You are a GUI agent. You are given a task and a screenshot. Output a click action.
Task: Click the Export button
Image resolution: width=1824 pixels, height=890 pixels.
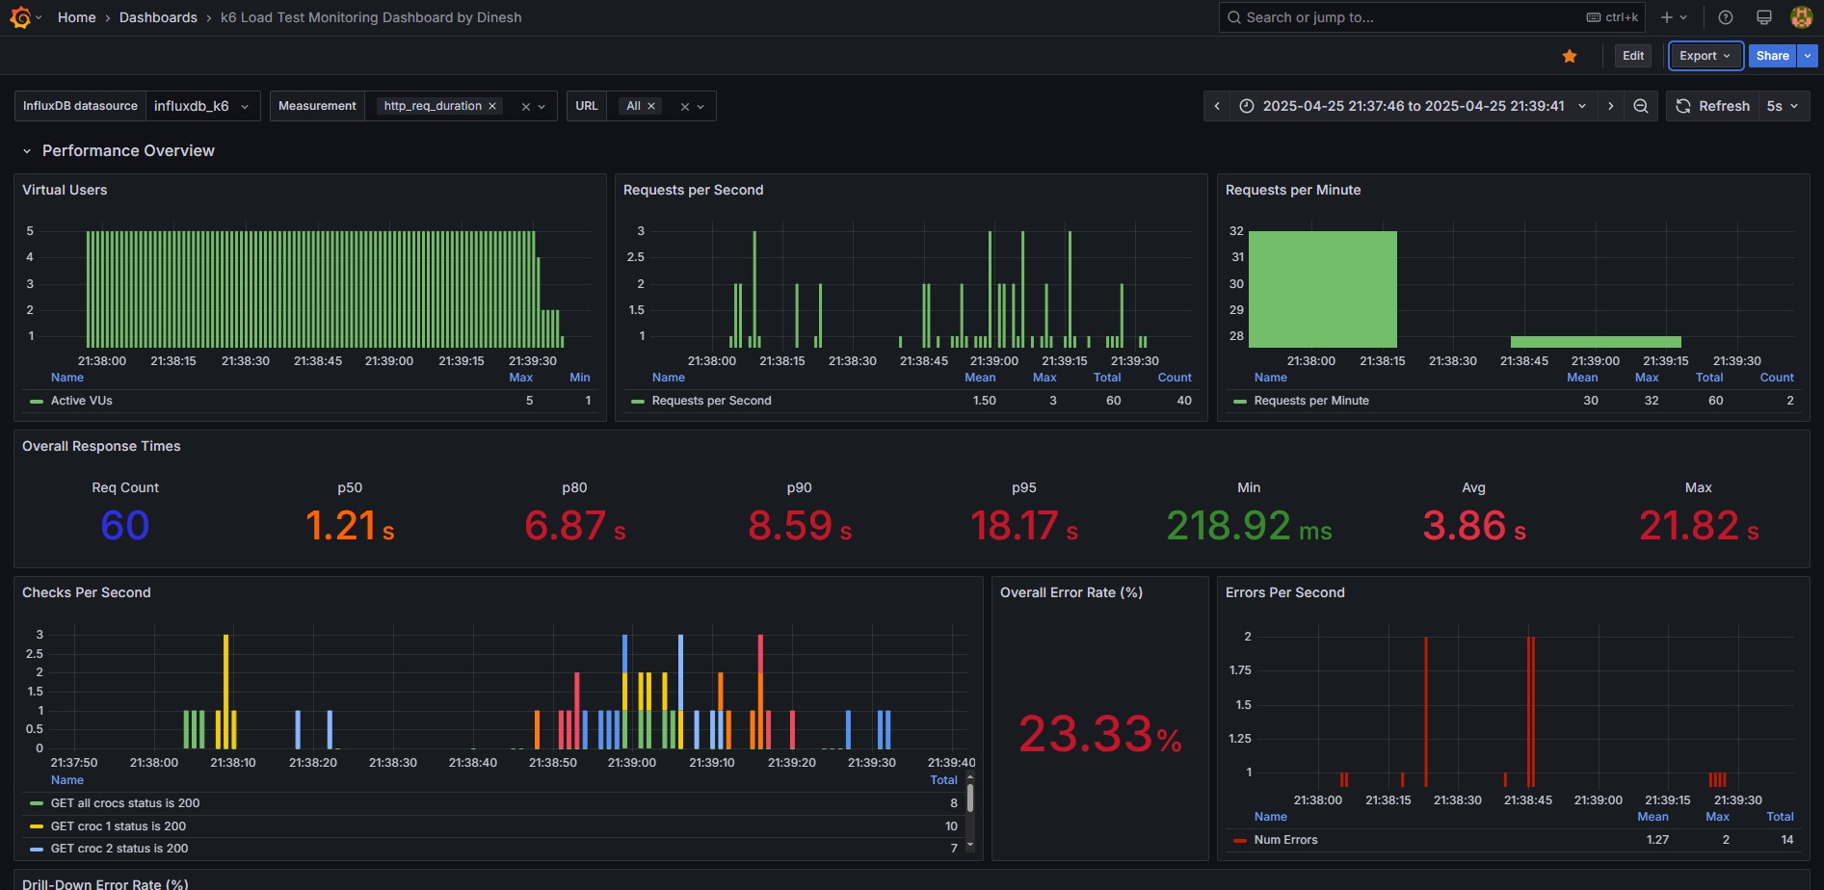coord(1705,56)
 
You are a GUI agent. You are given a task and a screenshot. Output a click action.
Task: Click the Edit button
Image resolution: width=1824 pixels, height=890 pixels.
coord(1633,56)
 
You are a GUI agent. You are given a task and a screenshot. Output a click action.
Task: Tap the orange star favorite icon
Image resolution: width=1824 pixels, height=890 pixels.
coord(1570,56)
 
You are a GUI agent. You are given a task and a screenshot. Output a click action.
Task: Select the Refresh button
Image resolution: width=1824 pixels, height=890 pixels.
coord(1713,106)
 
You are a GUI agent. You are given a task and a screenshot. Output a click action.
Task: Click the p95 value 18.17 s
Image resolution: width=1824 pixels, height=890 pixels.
coord(1024,526)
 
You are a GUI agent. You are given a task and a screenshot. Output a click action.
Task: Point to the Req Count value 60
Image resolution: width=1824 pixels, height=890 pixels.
coord(125,526)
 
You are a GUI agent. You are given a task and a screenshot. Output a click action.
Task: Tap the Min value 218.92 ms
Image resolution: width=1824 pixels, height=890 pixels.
coord(1249,526)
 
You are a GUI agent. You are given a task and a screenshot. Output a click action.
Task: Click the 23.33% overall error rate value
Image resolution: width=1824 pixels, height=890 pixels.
coord(1100,735)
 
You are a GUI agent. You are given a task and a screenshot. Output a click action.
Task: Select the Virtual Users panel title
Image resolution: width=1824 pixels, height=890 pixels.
coord(65,190)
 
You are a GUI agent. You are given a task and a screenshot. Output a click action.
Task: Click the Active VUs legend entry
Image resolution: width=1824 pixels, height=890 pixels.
coord(81,401)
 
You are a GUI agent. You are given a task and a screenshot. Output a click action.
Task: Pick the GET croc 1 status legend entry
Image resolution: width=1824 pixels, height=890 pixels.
coord(118,826)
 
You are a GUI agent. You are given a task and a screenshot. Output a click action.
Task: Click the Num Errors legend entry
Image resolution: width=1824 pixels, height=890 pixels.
coord(1285,840)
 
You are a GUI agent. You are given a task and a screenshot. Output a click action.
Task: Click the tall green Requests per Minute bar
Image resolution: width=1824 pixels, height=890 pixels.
coord(1322,289)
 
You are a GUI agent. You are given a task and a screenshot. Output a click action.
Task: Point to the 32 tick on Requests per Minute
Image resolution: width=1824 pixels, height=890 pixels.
coord(1236,231)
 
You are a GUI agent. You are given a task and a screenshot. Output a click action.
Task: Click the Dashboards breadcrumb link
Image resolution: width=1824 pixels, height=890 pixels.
coord(158,17)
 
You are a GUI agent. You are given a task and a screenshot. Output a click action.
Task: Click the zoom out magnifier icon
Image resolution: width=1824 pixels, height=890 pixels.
coord(1640,106)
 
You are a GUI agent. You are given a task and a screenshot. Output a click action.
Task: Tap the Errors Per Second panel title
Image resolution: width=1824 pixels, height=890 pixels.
coord(1284,592)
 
